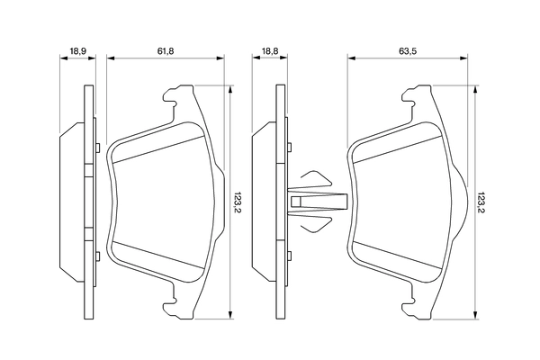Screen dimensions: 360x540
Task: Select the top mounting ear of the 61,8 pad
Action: [x=175, y=96]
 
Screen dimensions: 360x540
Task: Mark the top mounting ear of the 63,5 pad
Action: [x=418, y=96]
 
